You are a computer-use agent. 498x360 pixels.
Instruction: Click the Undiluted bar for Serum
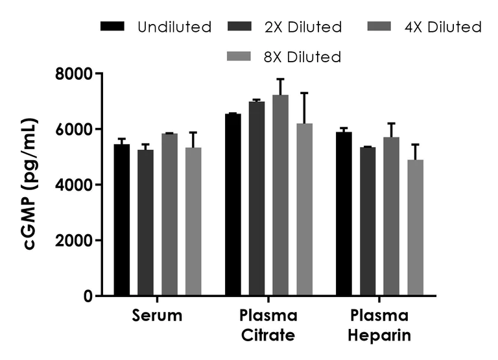tap(121, 221)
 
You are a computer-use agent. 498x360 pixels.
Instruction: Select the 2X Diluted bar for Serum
tap(145, 223)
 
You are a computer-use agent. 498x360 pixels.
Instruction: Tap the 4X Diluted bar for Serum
tap(169, 215)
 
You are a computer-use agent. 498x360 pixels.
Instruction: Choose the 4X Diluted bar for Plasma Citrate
tap(280, 195)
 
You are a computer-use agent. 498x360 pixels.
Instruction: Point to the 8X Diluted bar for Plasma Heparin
tap(416, 228)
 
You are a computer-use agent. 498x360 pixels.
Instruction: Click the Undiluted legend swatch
tap(112, 27)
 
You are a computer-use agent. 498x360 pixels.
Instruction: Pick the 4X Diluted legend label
tap(442, 27)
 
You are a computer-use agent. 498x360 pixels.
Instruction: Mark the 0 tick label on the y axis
tap(88, 296)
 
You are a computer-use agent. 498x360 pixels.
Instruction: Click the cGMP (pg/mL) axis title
tap(30, 185)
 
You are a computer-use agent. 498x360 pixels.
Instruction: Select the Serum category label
tap(157, 317)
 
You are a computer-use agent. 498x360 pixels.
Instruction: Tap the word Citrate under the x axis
tap(268, 336)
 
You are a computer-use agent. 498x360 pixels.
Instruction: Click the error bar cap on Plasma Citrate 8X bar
tap(304, 93)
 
